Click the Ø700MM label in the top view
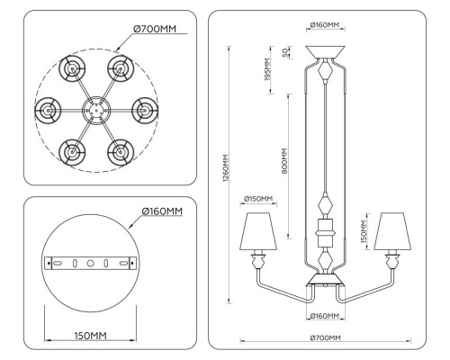(157, 29)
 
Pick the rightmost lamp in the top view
(144, 111)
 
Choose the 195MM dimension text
(267, 70)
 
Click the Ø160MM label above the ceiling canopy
(324, 24)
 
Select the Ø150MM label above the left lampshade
(258, 199)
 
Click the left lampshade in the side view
(258, 231)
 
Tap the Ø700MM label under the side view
(324, 337)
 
